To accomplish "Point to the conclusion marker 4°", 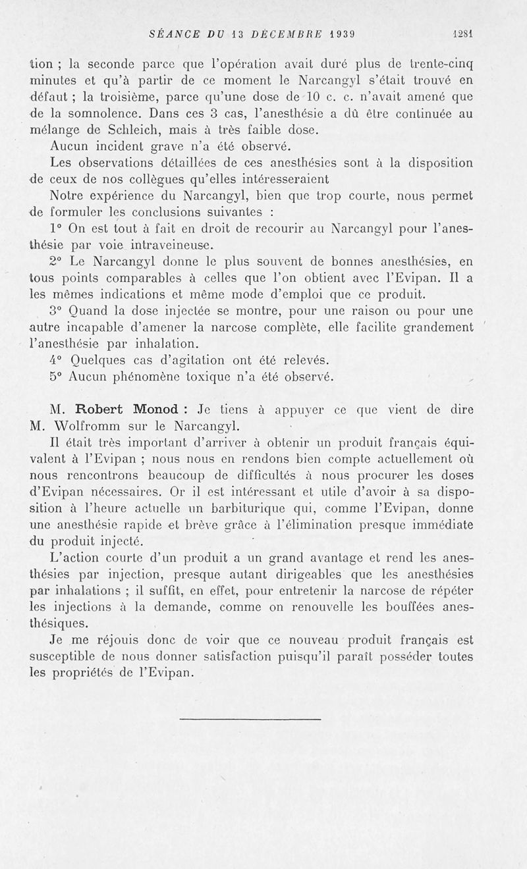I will click(x=57, y=361).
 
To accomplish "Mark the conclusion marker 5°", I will click(x=57, y=377).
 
